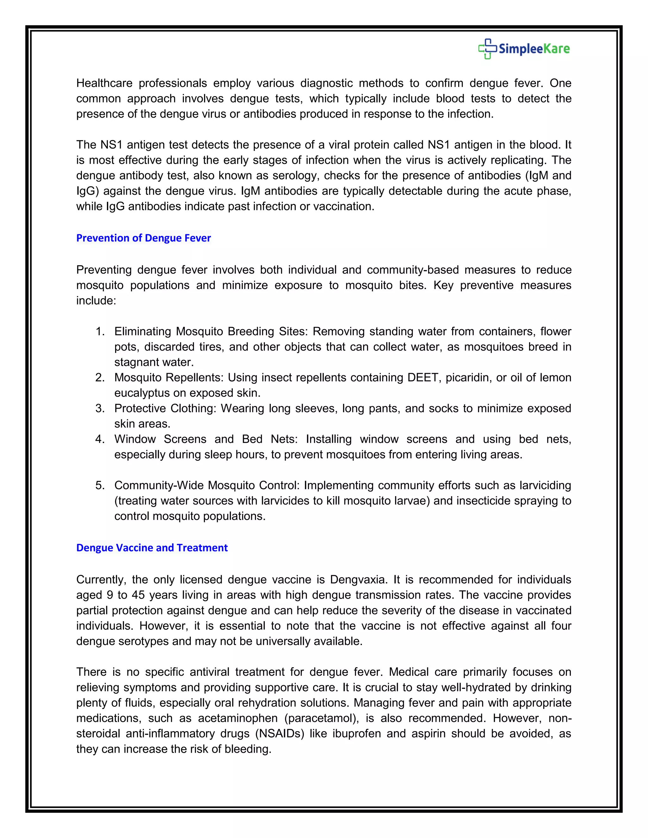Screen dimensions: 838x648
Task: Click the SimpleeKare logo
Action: click(524, 49)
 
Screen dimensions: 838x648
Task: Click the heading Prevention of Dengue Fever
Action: click(144, 238)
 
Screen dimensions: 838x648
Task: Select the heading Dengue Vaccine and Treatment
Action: click(152, 548)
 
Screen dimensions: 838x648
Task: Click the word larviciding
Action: click(545, 485)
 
